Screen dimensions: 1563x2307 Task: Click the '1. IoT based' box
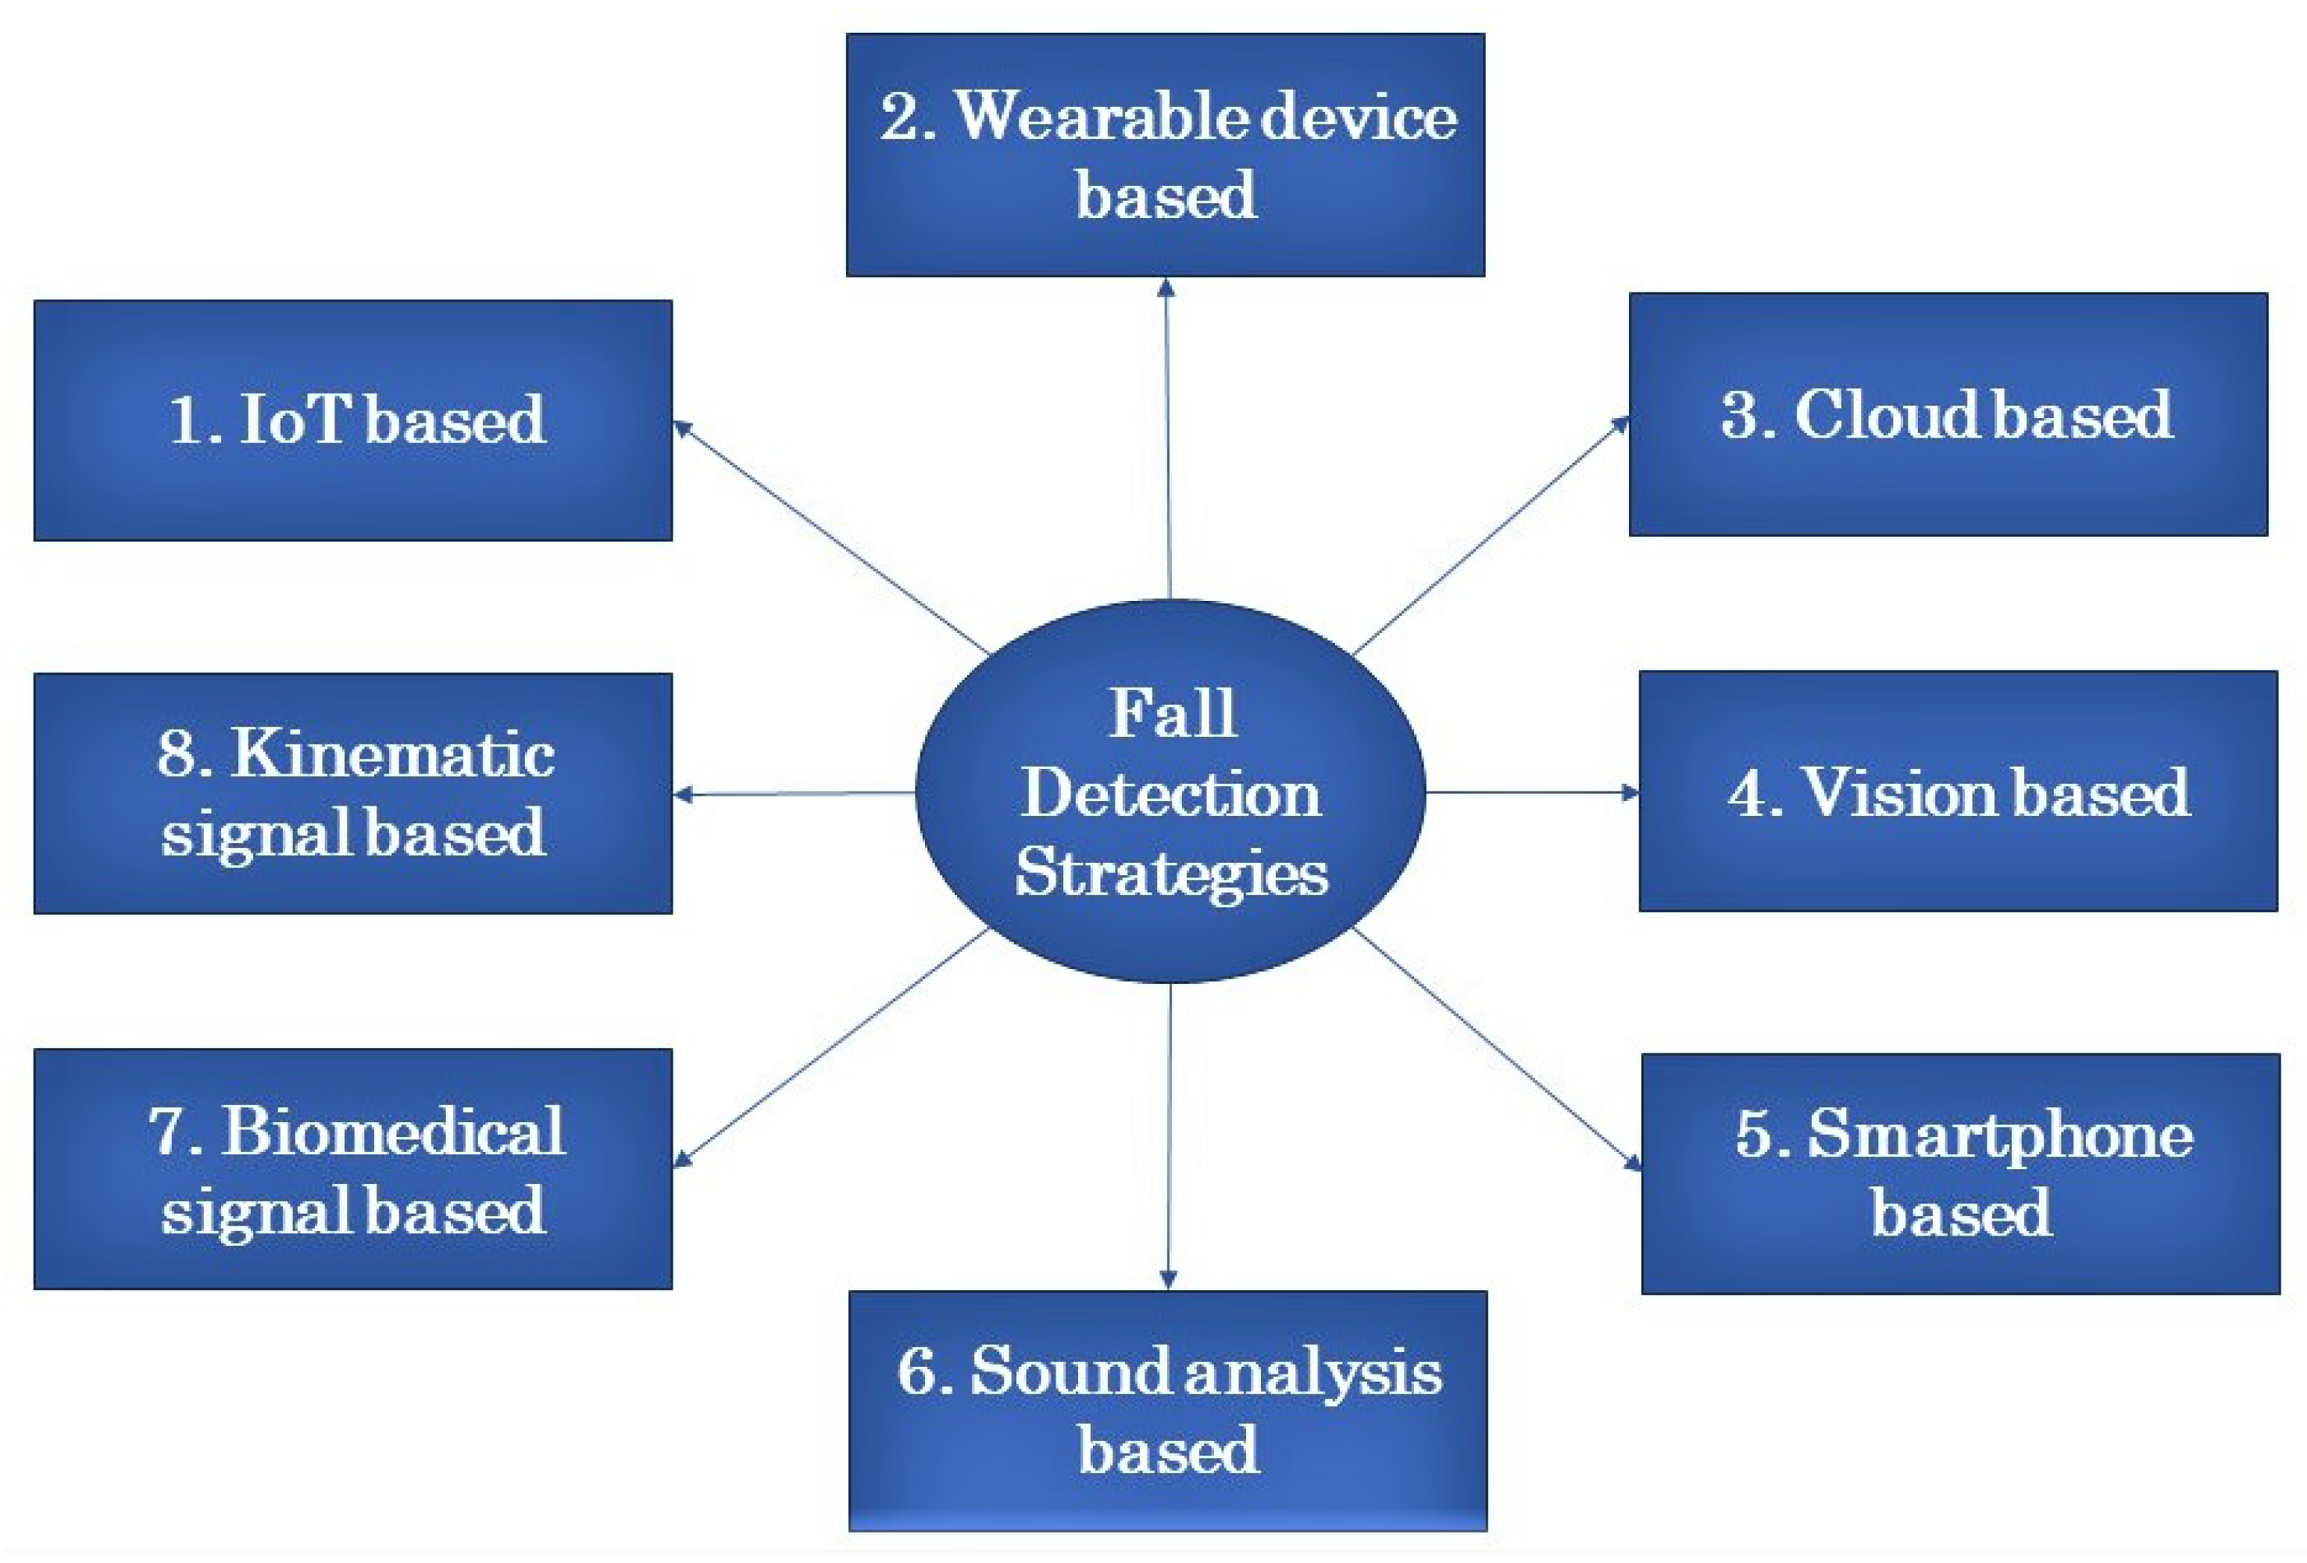(353, 420)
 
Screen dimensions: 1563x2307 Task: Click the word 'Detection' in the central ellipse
(1170, 796)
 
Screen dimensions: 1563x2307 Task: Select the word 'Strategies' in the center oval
(1170, 874)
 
